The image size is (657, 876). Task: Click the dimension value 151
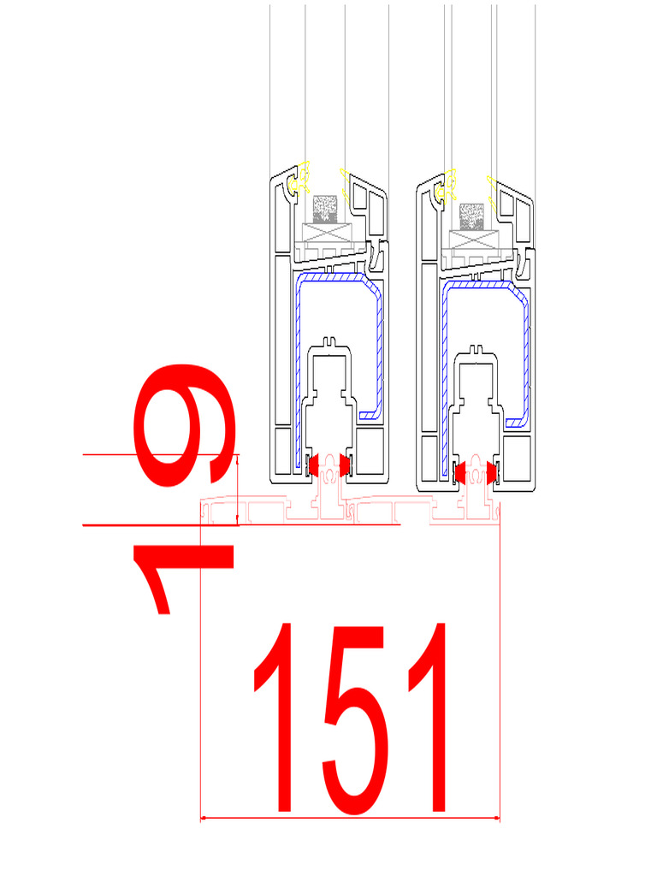pos(351,719)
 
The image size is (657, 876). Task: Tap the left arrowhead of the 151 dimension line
pos(204,819)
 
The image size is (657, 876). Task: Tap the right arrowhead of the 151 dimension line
pos(496,819)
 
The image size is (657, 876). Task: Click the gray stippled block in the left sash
pos(326,208)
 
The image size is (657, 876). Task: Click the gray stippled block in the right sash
pos(471,216)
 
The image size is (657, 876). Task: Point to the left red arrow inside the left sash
pos(313,465)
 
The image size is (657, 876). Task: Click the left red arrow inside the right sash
pos(459,471)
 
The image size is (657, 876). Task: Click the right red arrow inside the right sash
pos(491,471)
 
